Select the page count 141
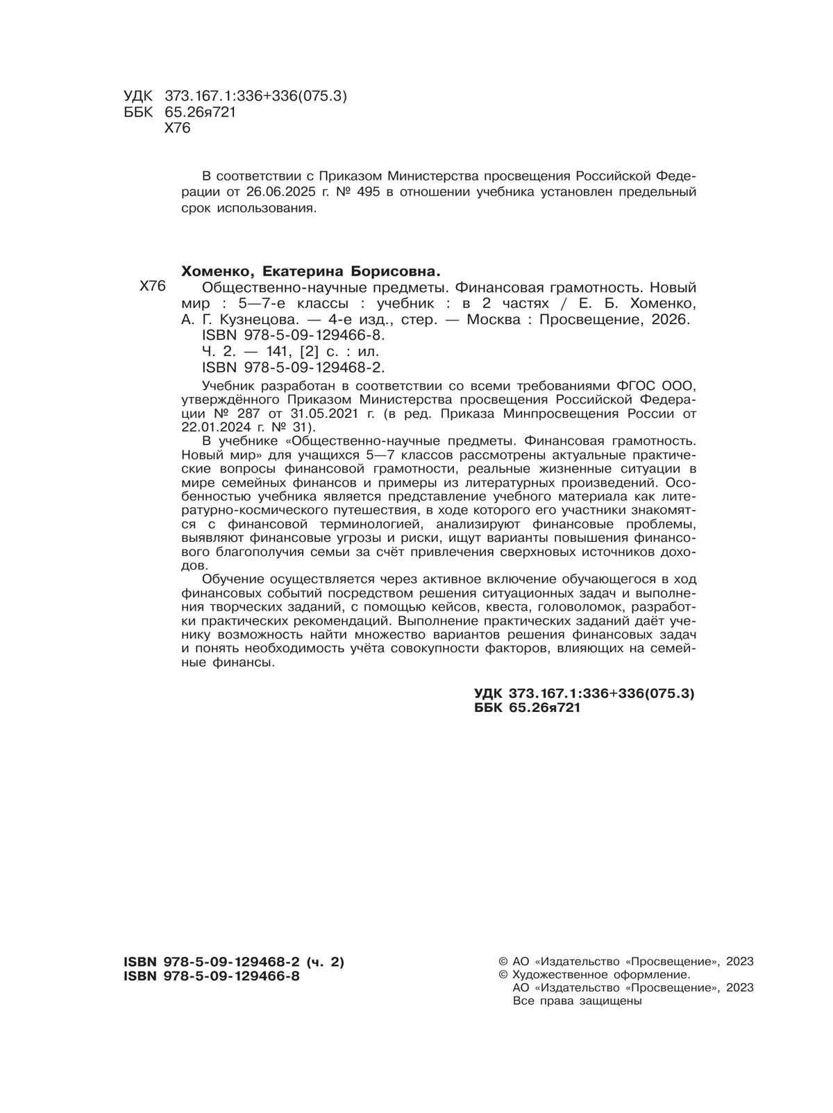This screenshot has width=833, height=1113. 276,352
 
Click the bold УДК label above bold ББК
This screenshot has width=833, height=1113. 489,693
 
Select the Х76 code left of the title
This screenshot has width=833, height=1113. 153,287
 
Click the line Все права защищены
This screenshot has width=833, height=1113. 576,1001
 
